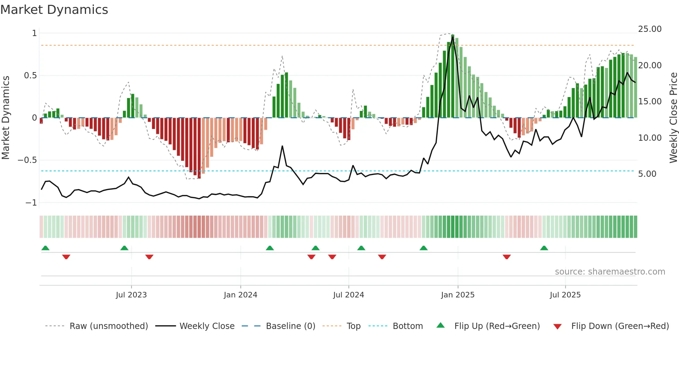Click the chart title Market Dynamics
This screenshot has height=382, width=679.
pyautogui.click(x=54, y=10)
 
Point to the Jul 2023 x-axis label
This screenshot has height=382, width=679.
pyautogui.click(x=131, y=295)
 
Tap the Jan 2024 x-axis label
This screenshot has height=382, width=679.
pyautogui.click(x=240, y=295)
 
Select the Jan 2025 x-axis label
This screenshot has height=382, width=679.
pyautogui.click(x=458, y=295)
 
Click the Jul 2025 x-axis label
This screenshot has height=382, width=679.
pyautogui.click(x=565, y=295)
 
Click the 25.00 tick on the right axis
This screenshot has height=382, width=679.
pyautogui.click(x=650, y=29)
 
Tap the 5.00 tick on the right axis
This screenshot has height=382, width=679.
pyautogui.click(x=647, y=174)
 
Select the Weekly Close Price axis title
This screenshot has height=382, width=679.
pyautogui.click(x=673, y=118)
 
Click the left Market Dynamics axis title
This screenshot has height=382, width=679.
pyautogui.click(x=6, y=118)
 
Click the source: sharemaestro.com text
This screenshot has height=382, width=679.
pyautogui.click(x=610, y=272)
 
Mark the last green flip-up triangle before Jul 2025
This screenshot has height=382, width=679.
pyautogui.click(x=544, y=248)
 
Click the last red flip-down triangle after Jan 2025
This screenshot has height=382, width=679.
pyautogui.click(x=506, y=257)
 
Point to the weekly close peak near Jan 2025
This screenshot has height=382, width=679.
pyautogui.click(x=453, y=37)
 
